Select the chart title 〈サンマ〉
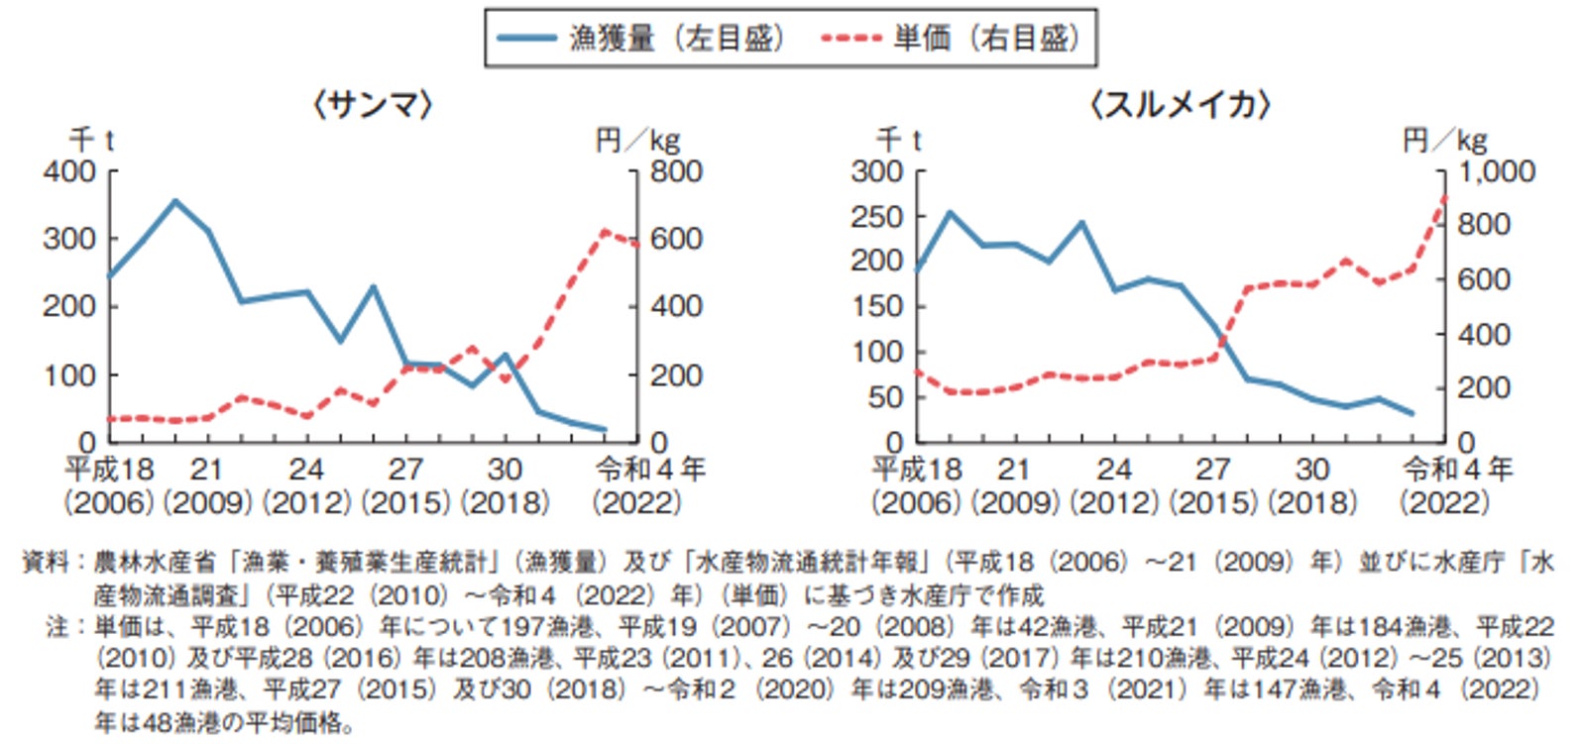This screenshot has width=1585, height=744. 373,104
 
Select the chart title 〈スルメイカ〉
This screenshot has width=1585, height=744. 1180,104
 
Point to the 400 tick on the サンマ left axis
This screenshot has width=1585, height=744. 69,171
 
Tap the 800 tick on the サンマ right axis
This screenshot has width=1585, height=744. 676,171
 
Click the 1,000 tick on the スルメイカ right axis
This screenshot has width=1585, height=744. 1497,171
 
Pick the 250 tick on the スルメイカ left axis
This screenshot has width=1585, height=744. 877,216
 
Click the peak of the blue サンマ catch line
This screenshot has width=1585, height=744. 175,201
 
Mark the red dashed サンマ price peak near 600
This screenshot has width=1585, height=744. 604,232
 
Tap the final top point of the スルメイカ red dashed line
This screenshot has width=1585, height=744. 1444,197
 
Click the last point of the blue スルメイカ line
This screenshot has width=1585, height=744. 1412,413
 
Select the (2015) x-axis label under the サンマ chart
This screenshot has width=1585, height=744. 405,502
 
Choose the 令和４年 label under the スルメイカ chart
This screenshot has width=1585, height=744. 1457,469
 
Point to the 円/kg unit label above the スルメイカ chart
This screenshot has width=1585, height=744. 1445,140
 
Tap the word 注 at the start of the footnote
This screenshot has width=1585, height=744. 58,626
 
